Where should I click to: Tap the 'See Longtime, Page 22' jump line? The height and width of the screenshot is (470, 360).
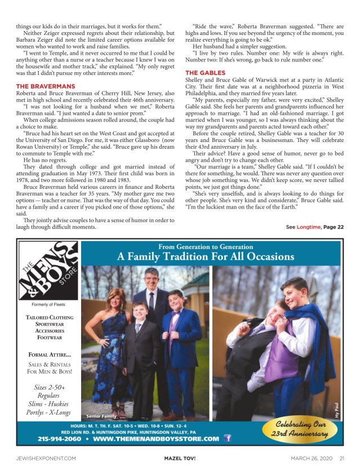[x=314, y=227]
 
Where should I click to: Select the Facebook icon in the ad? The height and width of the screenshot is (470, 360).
[x=228, y=438]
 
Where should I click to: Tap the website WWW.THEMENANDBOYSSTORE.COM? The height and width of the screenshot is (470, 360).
[x=155, y=438]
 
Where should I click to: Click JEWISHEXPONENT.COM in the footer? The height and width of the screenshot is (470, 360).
[x=46, y=458]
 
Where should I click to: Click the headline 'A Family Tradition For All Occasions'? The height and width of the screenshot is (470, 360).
[x=205, y=257]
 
